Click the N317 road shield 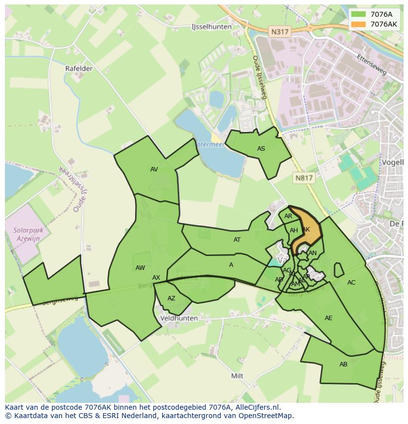280,32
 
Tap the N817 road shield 304,178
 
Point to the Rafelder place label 79,68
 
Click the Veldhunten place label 179,318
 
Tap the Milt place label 238,376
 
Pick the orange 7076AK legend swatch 359,24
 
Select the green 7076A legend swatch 359,14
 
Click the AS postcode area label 261,149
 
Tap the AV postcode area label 154,169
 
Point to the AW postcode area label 140,268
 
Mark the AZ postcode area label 171,298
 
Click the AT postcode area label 237,240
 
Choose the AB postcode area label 343,364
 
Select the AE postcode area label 329,318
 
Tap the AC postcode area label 351,283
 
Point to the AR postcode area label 288,216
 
